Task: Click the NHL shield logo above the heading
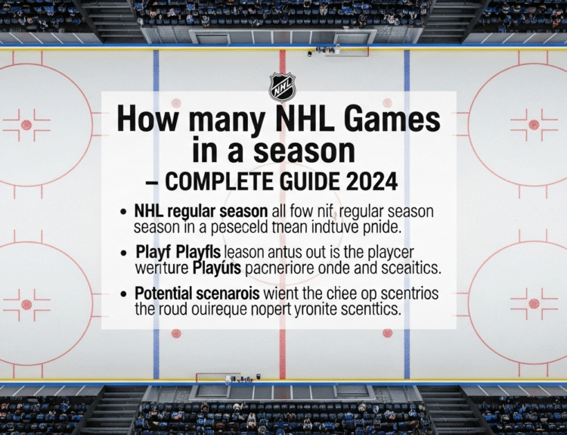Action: tap(282, 87)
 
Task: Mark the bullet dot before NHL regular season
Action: tap(122, 210)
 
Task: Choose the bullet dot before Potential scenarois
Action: tap(122, 294)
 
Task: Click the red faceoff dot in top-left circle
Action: tap(26, 125)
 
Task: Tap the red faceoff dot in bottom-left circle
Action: tap(26, 304)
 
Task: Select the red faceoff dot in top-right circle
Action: tap(534, 125)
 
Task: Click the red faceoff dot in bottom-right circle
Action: tap(534, 304)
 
